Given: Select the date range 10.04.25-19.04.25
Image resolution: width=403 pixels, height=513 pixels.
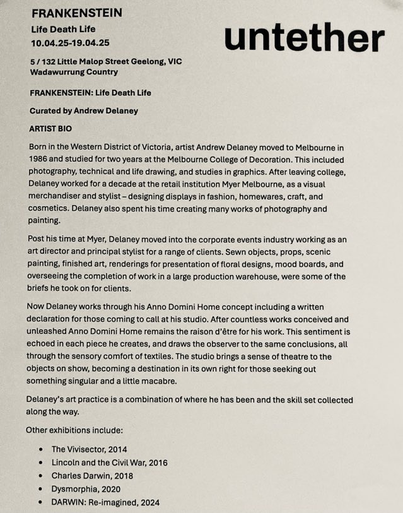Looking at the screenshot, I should point(70,44).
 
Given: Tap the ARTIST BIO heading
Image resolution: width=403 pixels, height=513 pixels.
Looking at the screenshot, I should point(50,128).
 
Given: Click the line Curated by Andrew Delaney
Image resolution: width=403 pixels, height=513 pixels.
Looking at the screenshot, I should point(83,110).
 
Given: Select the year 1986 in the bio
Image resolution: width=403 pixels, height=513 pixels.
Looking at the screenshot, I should point(40,158).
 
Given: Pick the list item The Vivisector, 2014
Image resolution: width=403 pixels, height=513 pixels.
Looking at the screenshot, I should point(88,449).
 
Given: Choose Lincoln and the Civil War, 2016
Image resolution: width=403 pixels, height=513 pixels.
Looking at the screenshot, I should point(110,462).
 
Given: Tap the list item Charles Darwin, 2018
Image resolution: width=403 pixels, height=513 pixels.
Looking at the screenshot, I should point(92,475).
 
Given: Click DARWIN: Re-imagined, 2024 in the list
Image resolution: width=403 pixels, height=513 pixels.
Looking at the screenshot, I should point(106,502).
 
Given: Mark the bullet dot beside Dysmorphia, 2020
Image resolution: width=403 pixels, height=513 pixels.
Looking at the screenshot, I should point(41,489).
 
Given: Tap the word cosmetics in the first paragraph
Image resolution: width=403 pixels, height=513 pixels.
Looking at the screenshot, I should point(49,207).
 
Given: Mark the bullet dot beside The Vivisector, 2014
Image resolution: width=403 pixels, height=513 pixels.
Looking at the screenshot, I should point(41,449).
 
